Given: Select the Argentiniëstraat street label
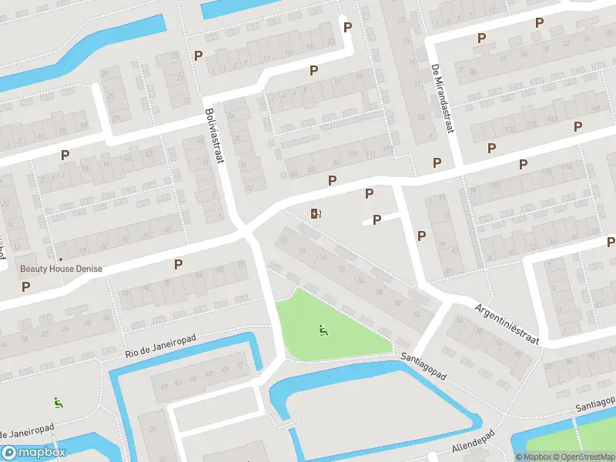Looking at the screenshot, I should [x=507, y=323].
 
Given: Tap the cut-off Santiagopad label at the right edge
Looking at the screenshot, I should [x=596, y=403].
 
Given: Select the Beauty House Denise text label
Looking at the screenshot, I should [x=61, y=269].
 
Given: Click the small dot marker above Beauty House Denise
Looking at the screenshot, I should [x=61, y=259].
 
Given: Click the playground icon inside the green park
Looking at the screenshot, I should [x=323, y=331].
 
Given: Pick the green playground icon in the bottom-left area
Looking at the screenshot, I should [x=58, y=402].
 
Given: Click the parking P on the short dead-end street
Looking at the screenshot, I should [x=377, y=220].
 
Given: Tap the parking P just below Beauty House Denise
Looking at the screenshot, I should [x=26, y=286].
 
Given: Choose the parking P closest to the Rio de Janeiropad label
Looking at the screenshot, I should [x=178, y=264].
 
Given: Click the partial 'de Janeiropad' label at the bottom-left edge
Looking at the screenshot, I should [x=27, y=429].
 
